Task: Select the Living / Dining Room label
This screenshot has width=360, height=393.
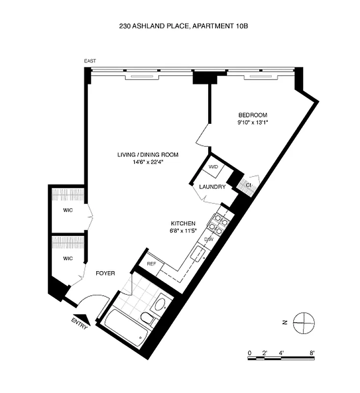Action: pyautogui.click(x=147, y=155)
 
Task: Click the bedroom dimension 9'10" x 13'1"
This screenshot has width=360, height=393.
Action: pyautogui.click(x=252, y=122)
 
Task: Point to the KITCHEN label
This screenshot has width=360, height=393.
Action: pyautogui.click(x=183, y=223)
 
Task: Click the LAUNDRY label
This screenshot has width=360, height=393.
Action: pyautogui.click(x=212, y=187)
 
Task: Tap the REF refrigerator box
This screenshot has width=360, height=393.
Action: pyautogui.click(x=151, y=264)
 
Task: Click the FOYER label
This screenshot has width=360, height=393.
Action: pyautogui.click(x=105, y=273)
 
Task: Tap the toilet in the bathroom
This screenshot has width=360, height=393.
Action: pyautogui.click(x=147, y=318)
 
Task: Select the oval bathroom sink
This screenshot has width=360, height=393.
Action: pyautogui.click(x=161, y=304)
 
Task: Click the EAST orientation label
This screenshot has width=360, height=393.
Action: pyautogui.click(x=90, y=61)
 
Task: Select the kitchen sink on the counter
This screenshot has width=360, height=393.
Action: pyautogui.click(x=198, y=253)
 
